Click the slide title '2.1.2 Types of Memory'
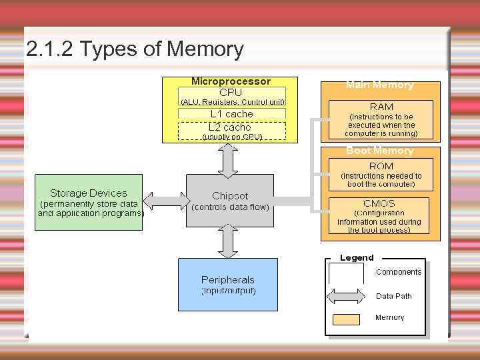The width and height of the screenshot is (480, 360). point(135,49)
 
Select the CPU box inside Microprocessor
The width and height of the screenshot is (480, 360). point(231,93)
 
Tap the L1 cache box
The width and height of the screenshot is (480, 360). point(231,114)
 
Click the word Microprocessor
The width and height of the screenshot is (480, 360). point(231,81)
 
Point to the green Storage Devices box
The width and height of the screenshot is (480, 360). point(89,202)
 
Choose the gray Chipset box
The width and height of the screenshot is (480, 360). point(230,201)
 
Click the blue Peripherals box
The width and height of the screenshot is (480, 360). point(228,285)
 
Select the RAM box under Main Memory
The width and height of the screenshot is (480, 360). point(381,119)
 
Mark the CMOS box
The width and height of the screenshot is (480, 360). point(380,215)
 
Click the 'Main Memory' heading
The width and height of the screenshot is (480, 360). point(380,85)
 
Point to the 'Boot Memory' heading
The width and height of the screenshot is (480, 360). point(380,151)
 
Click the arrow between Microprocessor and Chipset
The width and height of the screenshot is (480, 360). point(229,159)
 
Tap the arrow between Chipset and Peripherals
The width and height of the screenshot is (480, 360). point(229,241)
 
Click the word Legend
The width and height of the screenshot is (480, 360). point(357,258)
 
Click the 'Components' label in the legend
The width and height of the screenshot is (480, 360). point(399,272)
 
